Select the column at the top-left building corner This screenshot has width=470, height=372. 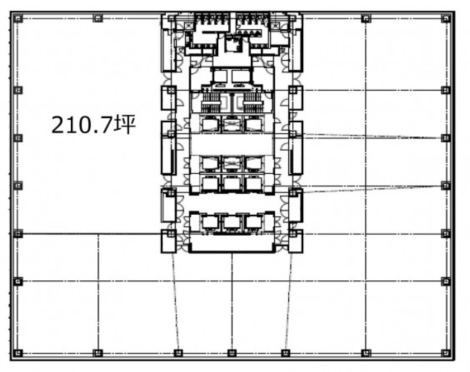click(x=18, y=19)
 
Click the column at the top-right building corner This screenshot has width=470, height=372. click(x=445, y=19)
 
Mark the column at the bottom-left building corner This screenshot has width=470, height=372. click(x=18, y=353)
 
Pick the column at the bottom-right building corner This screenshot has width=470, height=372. click(x=445, y=353)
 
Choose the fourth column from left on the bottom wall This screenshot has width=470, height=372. click(x=232, y=353)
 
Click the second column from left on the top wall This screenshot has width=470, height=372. click(x=98, y=18)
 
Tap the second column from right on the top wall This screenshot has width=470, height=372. click(x=366, y=19)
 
